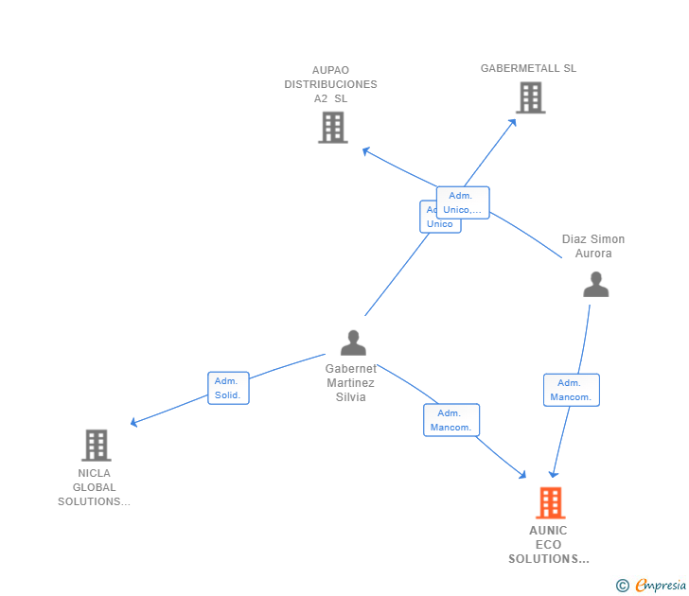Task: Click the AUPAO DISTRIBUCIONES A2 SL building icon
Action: click(332, 127)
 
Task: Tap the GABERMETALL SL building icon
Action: click(530, 96)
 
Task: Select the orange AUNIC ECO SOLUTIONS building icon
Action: click(550, 502)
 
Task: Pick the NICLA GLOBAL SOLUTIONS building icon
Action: click(96, 445)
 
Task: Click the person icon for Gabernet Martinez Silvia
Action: click(353, 342)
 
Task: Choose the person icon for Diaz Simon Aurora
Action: click(595, 284)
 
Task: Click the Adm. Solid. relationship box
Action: click(228, 388)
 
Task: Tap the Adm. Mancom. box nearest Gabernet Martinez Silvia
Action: click(451, 420)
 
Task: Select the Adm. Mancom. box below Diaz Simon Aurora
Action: click(571, 390)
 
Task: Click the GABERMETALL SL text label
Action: click(528, 68)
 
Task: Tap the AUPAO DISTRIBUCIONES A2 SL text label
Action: click(330, 84)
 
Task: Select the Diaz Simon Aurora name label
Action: click(593, 246)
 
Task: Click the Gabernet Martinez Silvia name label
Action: click(350, 382)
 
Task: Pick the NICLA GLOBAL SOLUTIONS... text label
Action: click(94, 487)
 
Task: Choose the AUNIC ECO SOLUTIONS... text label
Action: click(549, 545)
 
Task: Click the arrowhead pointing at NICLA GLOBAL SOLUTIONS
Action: click(134, 422)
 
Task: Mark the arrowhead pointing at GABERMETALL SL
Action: click(512, 123)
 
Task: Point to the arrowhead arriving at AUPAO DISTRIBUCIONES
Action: click(366, 150)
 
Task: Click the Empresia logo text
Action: click(660, 586)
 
